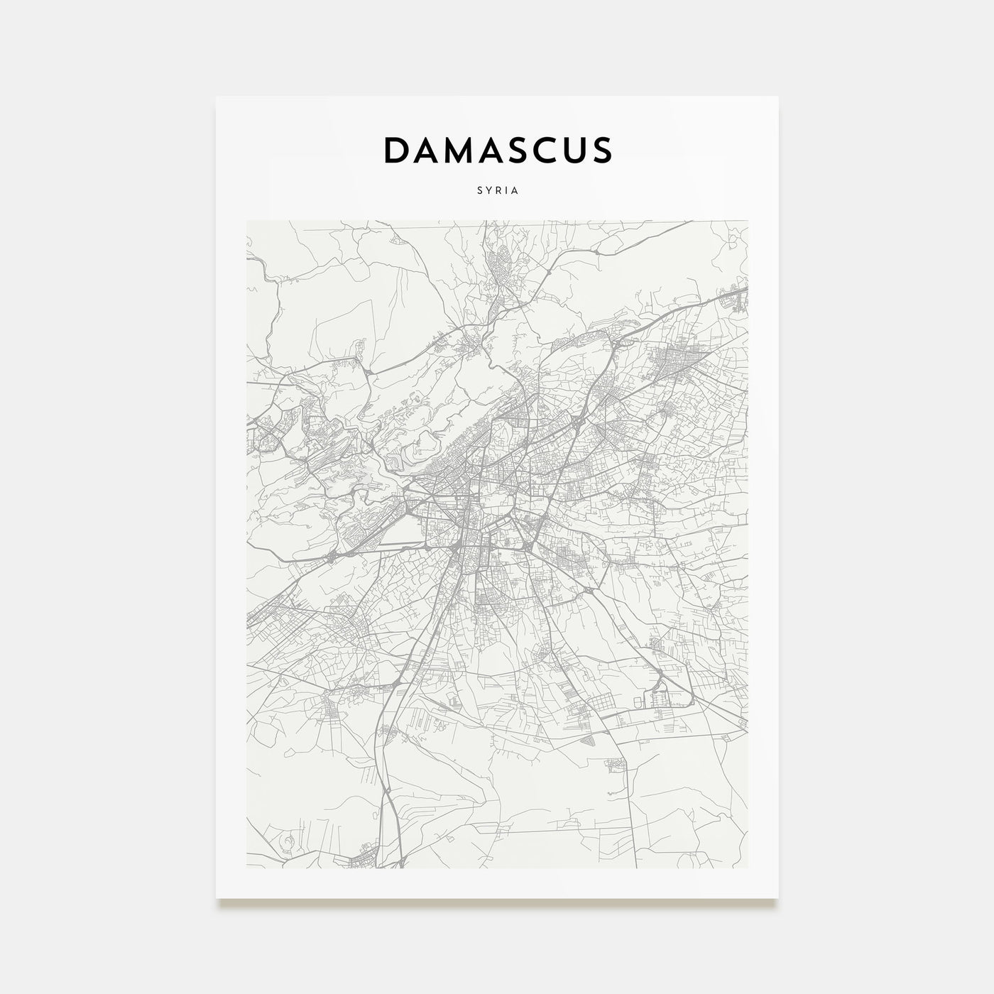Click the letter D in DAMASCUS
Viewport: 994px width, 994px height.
pos(396,150)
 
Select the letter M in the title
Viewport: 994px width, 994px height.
pos(459,150)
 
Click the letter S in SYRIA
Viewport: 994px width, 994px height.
pos(481,191)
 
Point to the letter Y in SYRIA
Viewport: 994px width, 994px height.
pos(488,191)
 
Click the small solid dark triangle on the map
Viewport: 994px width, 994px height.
pos(589,741)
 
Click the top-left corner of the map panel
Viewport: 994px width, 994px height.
pos(246,221)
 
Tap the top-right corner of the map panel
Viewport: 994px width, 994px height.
pos(748,221)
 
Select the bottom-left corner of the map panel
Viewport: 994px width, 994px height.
pos(246,868)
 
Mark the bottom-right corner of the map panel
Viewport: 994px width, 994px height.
pos(748,868)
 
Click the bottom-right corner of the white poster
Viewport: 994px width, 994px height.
pos(778,898)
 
